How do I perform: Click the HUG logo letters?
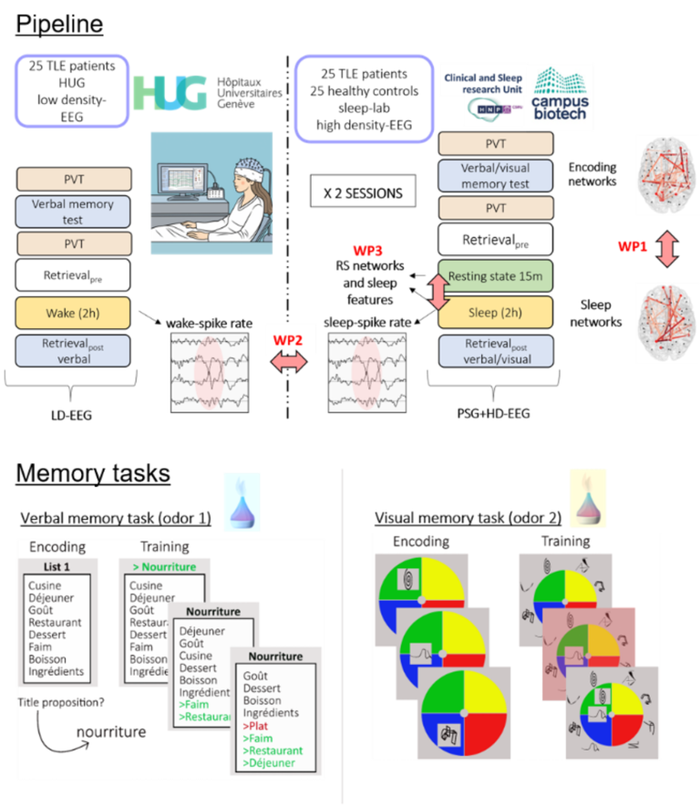point(171,93)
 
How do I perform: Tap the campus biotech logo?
point(560,94)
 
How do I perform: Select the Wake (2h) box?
point(73,313)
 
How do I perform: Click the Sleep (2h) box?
point(496,313)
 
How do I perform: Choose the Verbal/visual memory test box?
point(496,176)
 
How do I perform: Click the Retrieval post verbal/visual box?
point(496,352)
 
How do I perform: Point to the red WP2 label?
point(288,340)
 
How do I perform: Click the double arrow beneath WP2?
point(288,362)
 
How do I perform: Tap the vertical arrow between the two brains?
point(667,248)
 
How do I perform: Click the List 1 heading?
point(57,567)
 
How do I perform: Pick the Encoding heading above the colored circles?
point(421,542)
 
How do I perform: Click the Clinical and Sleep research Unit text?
point(484,84)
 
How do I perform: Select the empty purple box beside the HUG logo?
point(70,89)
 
